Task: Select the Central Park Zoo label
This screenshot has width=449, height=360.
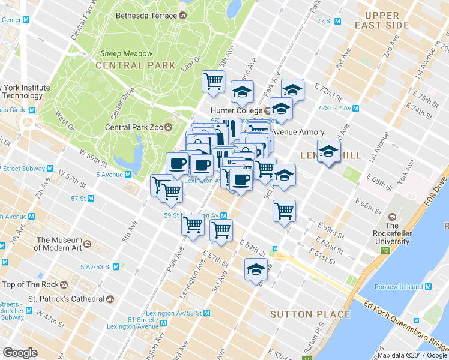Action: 134,127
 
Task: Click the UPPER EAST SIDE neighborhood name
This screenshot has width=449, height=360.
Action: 382,20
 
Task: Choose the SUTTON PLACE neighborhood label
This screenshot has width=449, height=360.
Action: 310,314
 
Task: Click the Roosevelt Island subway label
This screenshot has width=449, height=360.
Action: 407,287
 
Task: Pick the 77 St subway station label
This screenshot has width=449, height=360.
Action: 329,21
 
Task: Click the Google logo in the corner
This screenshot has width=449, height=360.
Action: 20,353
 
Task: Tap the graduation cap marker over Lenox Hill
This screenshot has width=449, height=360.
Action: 328,151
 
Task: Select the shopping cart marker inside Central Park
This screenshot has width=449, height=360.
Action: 213,81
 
